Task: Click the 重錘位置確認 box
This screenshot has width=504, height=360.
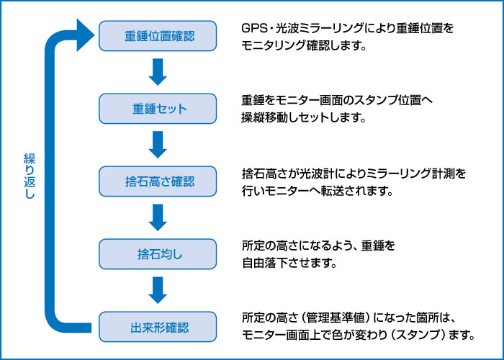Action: click(x=158, y=36)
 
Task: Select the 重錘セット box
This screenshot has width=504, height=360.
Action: click(x=158, y=109)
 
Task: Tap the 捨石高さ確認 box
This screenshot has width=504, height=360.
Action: click(x=158, y=181)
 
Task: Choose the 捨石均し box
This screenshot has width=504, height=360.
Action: click(x=158, y=254)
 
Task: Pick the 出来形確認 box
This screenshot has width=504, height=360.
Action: click(x=158, y=327)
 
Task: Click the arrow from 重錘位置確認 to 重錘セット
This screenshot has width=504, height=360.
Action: click(x=158, y=72)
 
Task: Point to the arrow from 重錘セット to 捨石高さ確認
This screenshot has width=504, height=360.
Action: click(x=158, y=145)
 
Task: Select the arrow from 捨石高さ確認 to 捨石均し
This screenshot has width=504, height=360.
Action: click(x=158, y=217)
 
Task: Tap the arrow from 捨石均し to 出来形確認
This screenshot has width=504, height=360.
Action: click(x=158, y=290)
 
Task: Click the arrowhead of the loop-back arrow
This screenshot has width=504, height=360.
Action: click(x=84, y=35)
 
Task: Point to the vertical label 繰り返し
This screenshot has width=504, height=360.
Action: click(x=30, y=176)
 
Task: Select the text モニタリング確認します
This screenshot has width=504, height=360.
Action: click(x=304, y=45)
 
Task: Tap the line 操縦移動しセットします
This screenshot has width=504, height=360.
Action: click(x=304, y=118)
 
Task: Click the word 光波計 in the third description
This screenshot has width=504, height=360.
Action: click(x=316, y=174)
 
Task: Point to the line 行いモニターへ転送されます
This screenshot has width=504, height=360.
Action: click(x=318, y=192)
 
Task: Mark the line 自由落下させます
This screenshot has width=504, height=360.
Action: click(x=289, y=264)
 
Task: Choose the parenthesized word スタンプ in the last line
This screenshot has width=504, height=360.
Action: click(x=417, y=336)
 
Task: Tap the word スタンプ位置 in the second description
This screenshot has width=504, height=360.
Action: click(x=387, y=101)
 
